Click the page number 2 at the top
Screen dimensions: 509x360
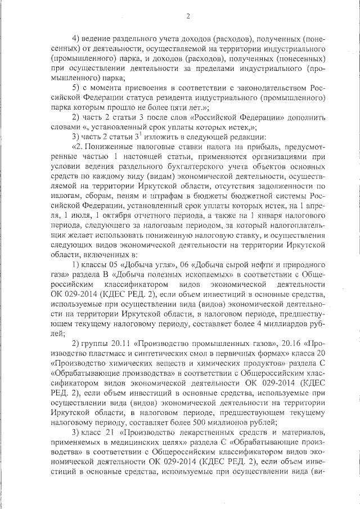pyautogui.click(x=187, y=16)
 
